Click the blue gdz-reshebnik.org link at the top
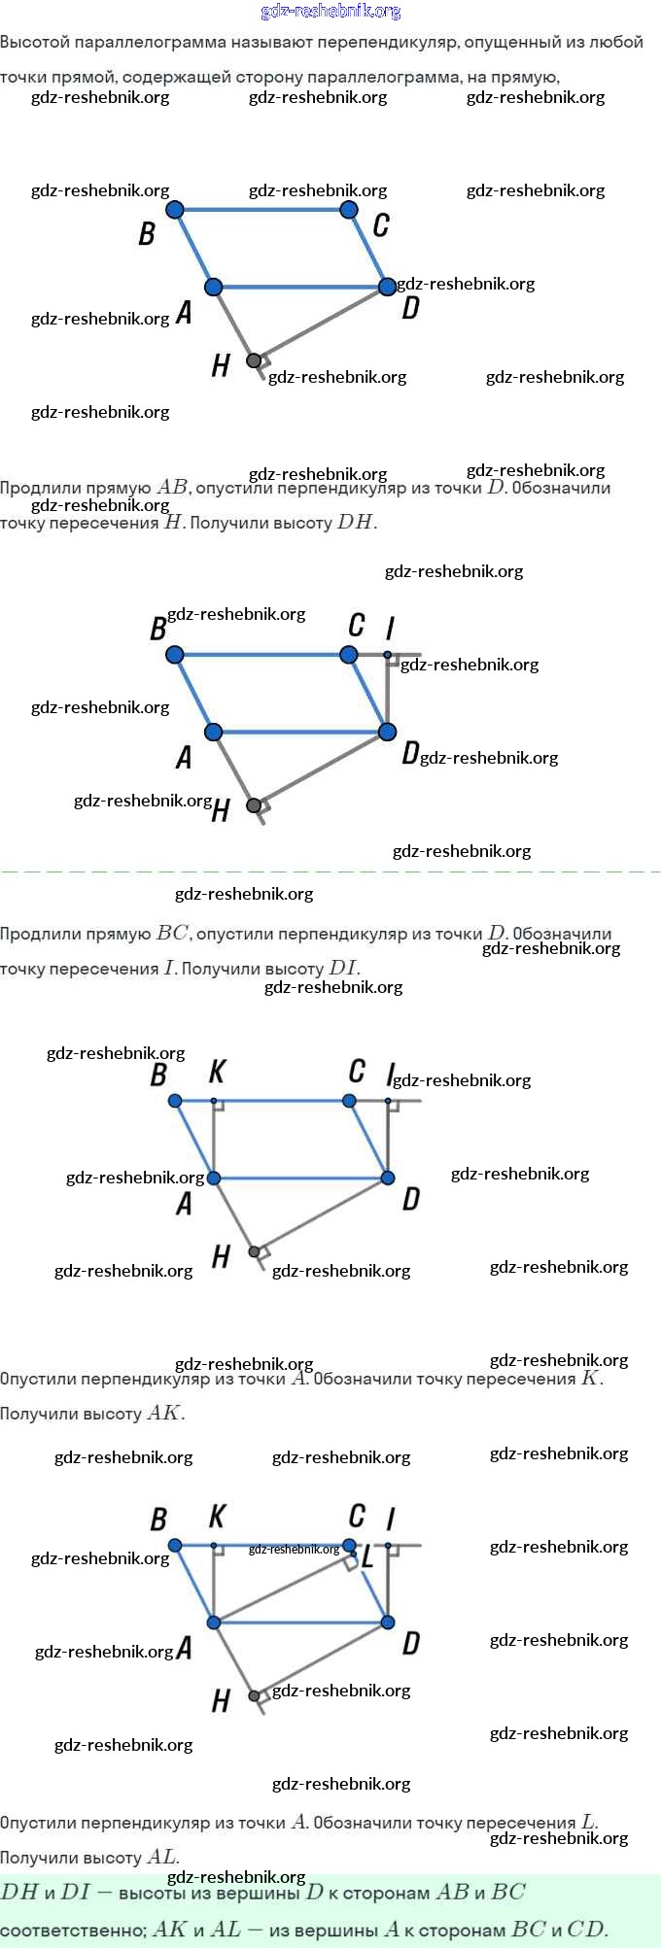point(330,12)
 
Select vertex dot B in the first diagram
point(175,210)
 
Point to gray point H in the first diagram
point(254,360)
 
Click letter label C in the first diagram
point(381,225)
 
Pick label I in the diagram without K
point(390,628)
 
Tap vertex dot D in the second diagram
point(388,732)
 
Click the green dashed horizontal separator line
point(330,871)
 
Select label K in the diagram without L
point(218,1072)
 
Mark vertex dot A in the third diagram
point(214,1179)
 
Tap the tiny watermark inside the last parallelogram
point(294,1550)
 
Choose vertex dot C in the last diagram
point(349,1545)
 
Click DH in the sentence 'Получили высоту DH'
point(355,523)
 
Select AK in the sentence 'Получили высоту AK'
point(164,1414)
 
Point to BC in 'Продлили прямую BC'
point(172,934)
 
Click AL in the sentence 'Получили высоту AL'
point(161,1858)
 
